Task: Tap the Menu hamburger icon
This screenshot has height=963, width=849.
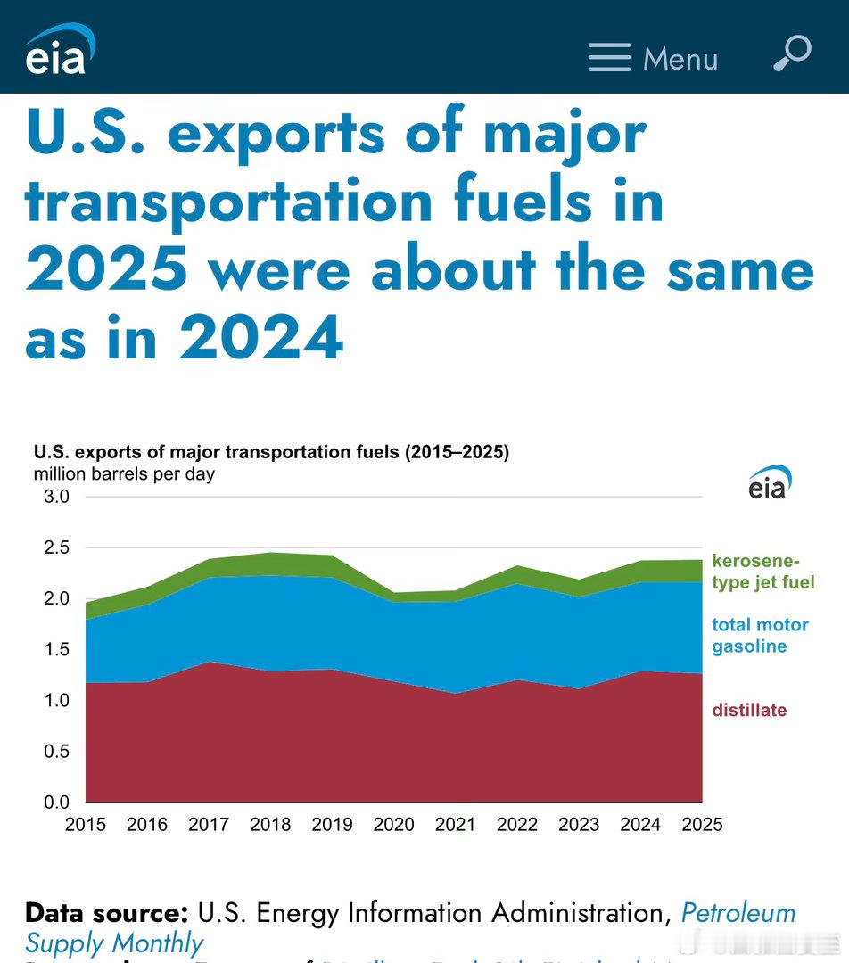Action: coord(609,58)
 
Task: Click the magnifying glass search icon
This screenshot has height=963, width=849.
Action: coord(791,53)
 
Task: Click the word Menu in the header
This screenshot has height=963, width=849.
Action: coord(680,59)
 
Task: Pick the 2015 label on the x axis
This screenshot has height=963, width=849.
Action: coord(86,825)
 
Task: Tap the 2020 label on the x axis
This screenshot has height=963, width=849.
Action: coord(393,825)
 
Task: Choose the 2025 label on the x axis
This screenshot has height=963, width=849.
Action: coord(702,825)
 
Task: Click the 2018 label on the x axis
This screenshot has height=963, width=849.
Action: coord(270,825)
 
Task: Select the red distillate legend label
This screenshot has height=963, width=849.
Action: coord(749,711)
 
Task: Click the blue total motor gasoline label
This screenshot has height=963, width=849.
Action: coord(760,636)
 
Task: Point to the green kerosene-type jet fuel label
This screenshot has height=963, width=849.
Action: coord(762,572)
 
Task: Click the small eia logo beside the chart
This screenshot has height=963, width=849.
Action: coord(770,482)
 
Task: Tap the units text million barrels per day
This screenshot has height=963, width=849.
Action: coord(124,474)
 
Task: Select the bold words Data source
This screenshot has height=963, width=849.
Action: coord(106,913)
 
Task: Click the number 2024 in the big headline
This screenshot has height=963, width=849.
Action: coord(261,338)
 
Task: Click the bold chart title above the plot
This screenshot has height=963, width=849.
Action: coord(271,452)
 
